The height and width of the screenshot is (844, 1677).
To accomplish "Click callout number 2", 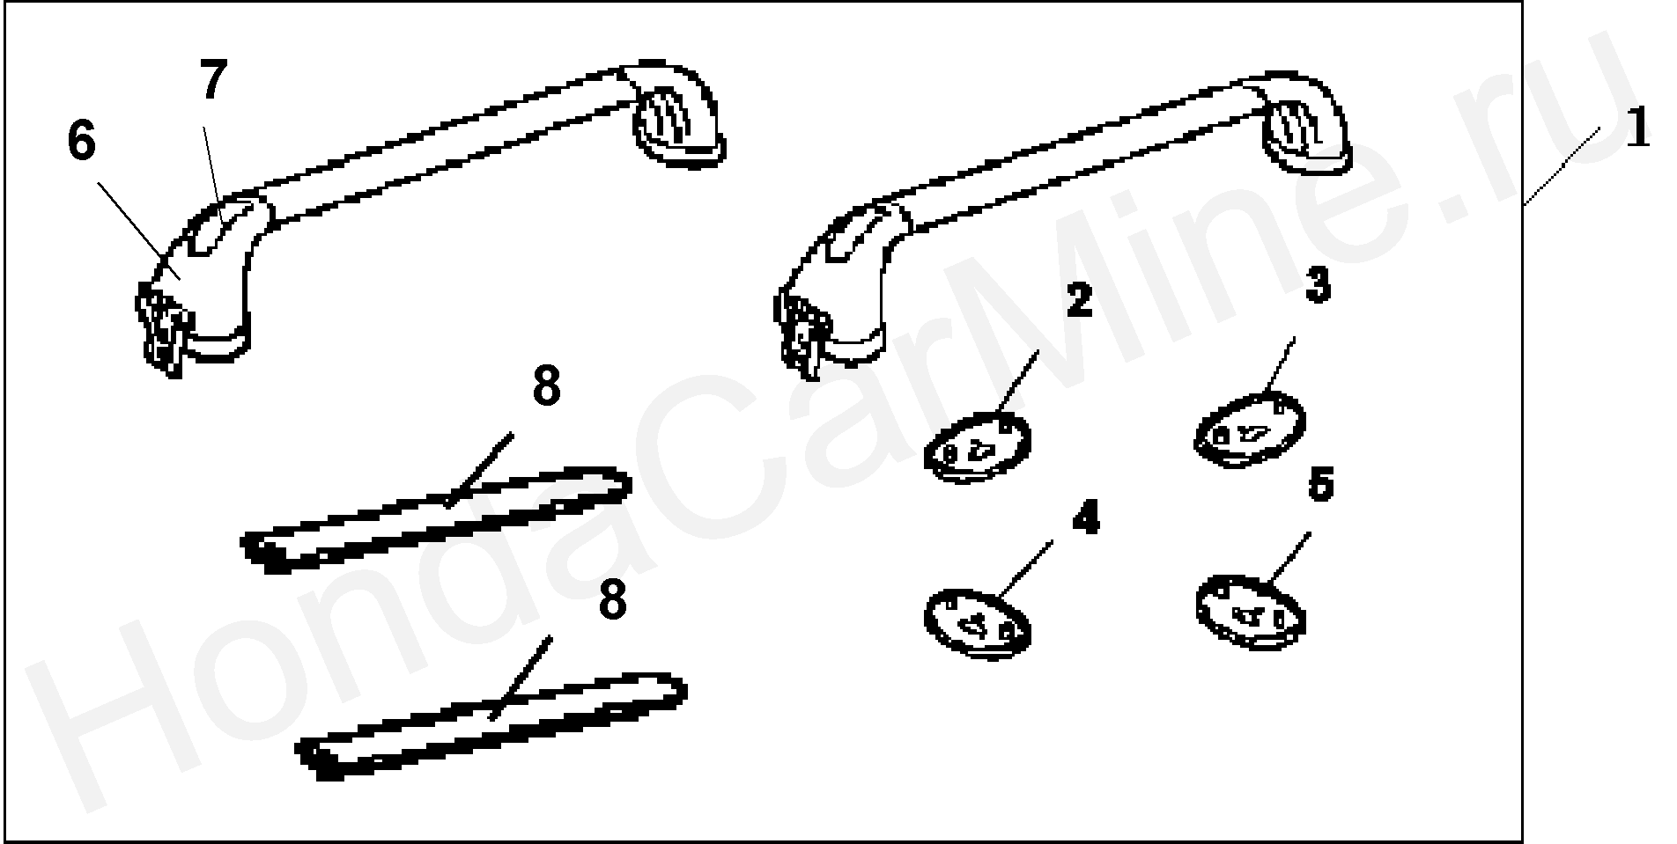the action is tap(1078, 301).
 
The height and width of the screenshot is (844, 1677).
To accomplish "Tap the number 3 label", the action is tap(1317, 287).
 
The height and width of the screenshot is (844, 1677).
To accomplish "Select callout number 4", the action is tap(1085, 519).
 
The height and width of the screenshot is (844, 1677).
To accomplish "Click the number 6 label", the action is tap(81, 143).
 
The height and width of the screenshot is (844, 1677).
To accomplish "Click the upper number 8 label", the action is tap(546, 387).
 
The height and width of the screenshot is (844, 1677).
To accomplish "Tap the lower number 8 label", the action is tap(611, 602).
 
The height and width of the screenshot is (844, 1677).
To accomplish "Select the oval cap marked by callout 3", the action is tap(1249, 429).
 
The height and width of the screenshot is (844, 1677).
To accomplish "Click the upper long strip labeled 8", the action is tap(436, 520).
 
